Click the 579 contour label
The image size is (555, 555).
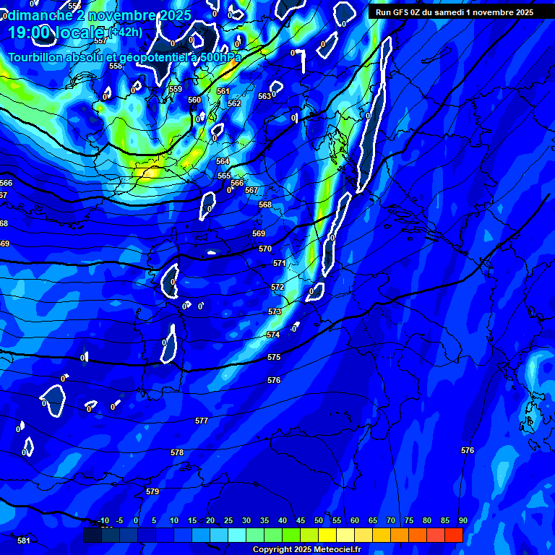(x=152, y=491)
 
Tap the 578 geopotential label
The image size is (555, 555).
(x=177, y=452)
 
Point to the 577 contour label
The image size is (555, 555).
(x=202, y=421)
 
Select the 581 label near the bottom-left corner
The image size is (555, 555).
(x=24, y=541)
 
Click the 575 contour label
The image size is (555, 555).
(x=274, y=358)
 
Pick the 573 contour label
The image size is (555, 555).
(x=275, y=311)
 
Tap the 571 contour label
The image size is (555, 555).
(x=280, y=264)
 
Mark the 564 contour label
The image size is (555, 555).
(x=223, y=161)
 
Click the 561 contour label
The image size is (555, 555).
(x=223, y=92)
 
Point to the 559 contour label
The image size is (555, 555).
(x=176, y=89)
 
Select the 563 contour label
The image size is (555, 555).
(x=264, y=96)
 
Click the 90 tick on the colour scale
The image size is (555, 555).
(x=462, y=521)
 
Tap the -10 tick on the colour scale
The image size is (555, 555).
(x=103, y=521)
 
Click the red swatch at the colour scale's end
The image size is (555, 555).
(x=454, y=535)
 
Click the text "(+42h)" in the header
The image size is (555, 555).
(x=126, y=32)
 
